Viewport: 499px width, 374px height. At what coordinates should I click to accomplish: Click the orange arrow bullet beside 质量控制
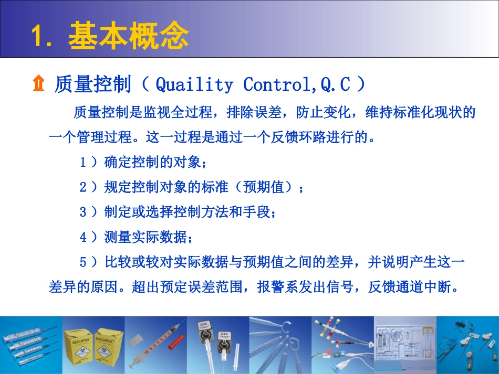tap(38, 84)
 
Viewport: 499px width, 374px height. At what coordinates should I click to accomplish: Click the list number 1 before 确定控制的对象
tap(82, 163)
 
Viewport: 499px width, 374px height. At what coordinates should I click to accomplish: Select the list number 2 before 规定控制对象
tap(82, 187)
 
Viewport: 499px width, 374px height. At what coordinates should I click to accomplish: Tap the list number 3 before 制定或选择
tap(82, 212)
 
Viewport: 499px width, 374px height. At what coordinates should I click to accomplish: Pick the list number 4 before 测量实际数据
tap(82, 237)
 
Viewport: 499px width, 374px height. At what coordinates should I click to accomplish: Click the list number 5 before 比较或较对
tap(82, 262)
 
